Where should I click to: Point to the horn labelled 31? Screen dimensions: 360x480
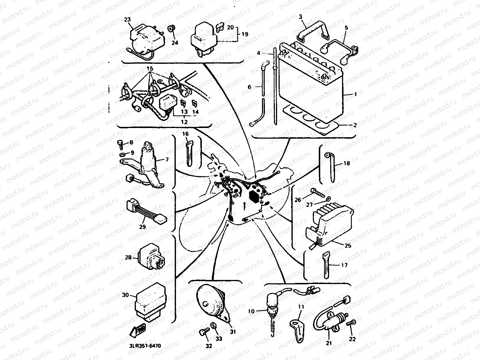point(210,299)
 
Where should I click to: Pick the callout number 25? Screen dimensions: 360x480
point(348,245)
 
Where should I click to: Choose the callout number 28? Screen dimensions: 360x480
point(128,257)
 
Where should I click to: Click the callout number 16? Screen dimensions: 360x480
point(185,133)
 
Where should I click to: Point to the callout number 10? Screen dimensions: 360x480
point(251,311)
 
